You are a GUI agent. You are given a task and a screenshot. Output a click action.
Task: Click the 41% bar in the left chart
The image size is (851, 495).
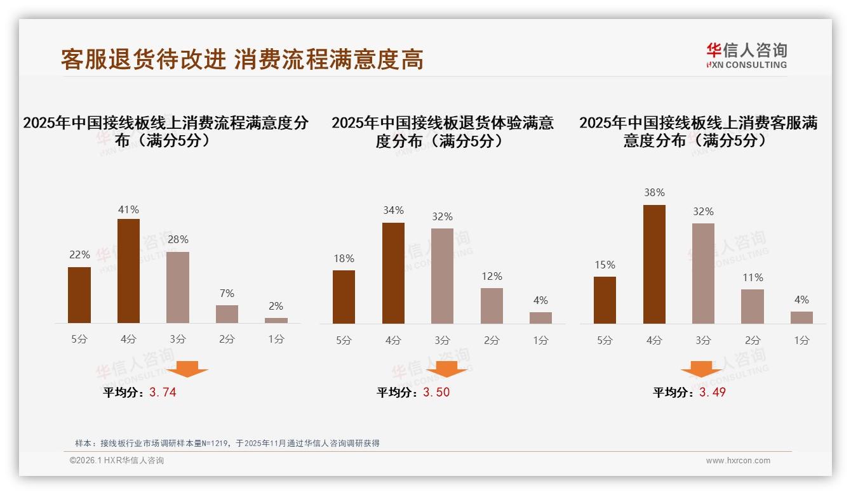[x=128, y=271]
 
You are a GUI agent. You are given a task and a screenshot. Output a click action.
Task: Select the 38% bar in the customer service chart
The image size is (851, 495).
[x=654, y=264]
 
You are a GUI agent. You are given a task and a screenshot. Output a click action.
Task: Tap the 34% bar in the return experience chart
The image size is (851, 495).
[x=393, y=273]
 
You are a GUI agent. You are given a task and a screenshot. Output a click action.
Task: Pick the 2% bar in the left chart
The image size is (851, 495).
[x=276, y=320]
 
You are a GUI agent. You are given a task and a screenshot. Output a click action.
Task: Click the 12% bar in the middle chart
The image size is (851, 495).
[x=492, y=306]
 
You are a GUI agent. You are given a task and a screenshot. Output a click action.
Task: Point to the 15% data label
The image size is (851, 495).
[x=605, y=265]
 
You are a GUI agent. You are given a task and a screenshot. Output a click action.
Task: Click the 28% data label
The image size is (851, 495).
[x=178, y=240]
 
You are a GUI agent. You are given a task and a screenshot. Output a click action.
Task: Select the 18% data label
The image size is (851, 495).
[x=344, y=259]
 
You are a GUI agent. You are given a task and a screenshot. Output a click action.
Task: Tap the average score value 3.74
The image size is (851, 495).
[x=163, y=392]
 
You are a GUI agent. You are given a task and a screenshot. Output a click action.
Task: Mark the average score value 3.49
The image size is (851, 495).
[x=712, y=392]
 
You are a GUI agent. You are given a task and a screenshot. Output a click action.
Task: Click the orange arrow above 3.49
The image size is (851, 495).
[x=701, y=369]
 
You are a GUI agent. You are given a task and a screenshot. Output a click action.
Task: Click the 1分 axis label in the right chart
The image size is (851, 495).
[x=801, y=340]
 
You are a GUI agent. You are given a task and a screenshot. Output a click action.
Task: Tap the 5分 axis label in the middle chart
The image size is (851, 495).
[x=344, y=340]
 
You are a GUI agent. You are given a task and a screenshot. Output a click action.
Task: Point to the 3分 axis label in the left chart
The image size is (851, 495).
[x=178, y=340]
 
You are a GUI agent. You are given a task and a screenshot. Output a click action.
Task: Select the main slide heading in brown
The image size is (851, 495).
[x=242, y=60]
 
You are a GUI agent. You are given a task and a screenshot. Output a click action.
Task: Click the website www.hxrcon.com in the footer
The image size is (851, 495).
[x=738, y=461]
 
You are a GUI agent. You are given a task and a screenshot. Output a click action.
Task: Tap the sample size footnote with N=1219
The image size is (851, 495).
[x=227, y=443]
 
